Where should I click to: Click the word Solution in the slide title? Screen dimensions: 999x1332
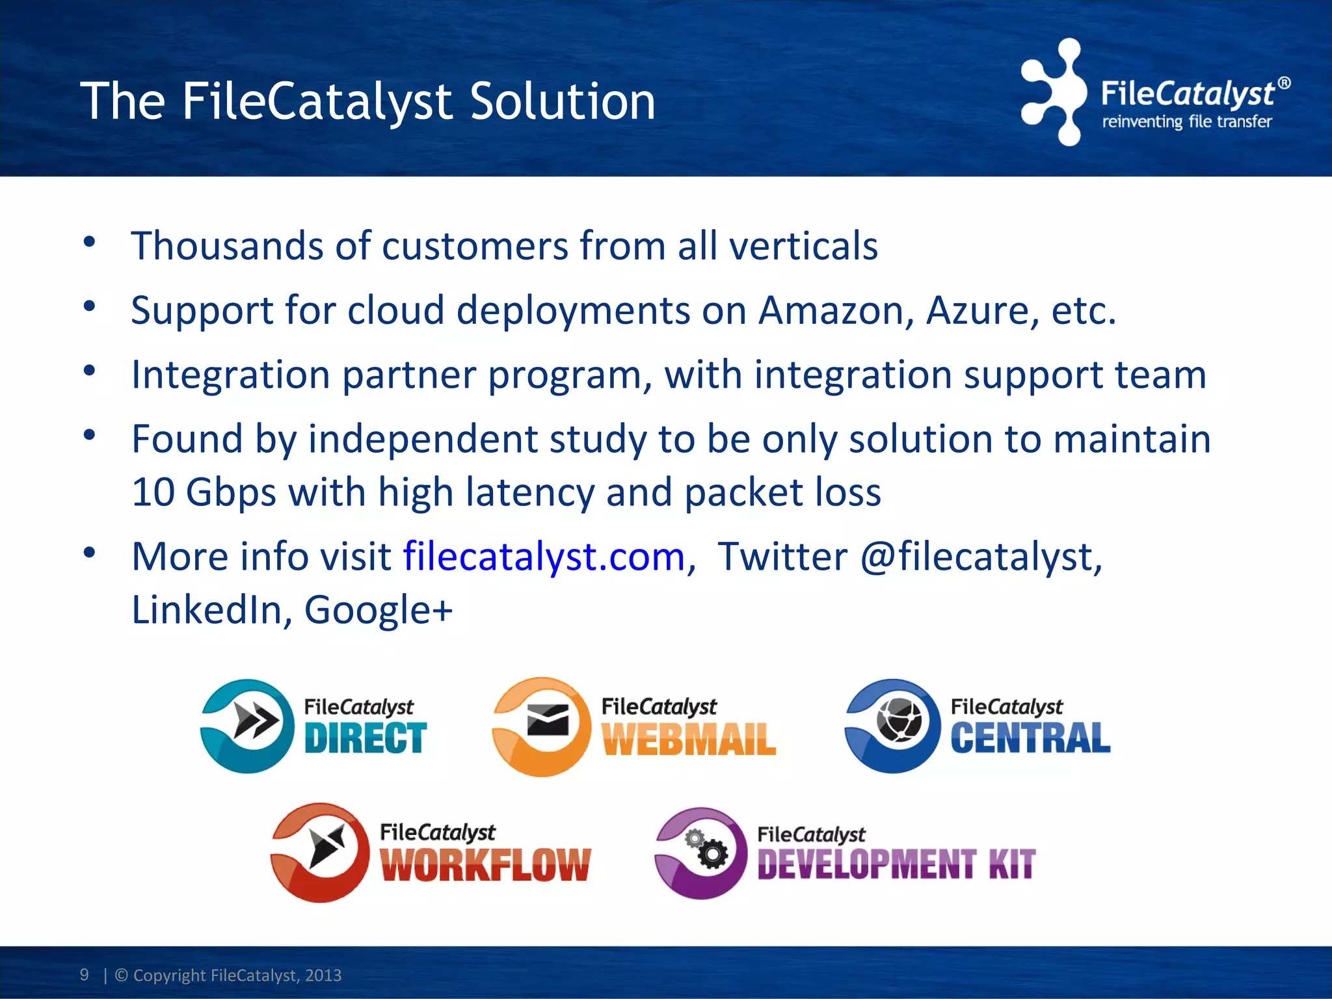coord(562,101)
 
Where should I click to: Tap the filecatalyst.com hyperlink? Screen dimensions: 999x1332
coord(544,557)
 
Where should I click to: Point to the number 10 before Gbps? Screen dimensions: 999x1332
coord(153,492)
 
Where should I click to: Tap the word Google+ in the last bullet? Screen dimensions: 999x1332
coord(378,609)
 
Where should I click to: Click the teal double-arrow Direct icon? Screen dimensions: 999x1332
coord(247,725)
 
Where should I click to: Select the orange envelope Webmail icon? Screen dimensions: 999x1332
coord(542,726)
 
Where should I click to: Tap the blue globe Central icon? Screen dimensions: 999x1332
coord(892,725)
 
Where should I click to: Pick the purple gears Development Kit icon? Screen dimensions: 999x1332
coord(701,853)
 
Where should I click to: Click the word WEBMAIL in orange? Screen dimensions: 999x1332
coord(689,739)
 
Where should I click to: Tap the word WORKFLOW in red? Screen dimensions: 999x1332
coord(485,865)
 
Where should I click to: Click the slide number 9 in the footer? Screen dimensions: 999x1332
coord(85,974)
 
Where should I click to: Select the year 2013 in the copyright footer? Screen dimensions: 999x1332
coord(323,975)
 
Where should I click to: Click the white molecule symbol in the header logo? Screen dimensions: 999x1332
coord(1052,92)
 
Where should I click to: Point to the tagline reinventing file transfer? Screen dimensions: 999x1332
coord(1187,122)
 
